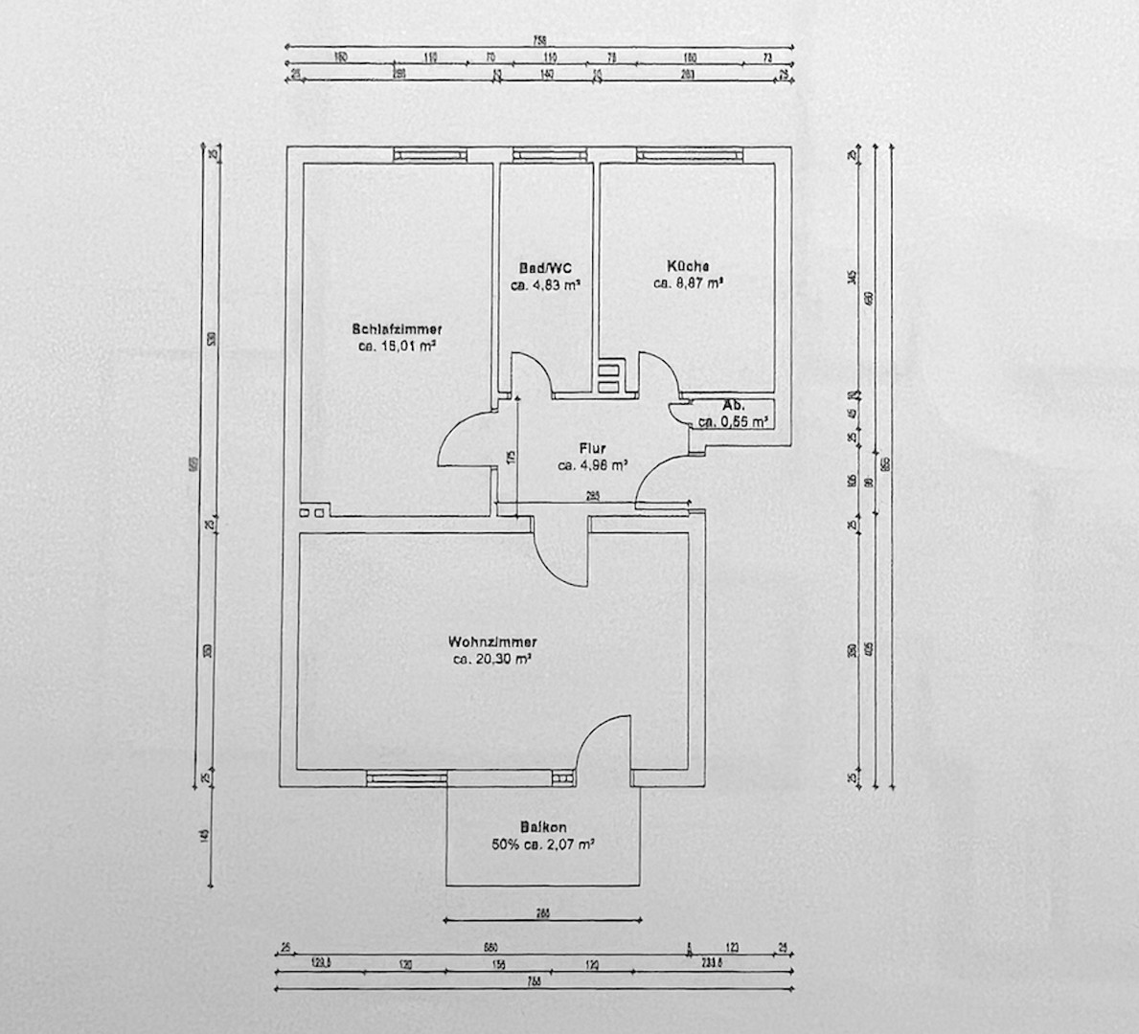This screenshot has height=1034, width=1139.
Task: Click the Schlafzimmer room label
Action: [397, 328]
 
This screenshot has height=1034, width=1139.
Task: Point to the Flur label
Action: [592, 448]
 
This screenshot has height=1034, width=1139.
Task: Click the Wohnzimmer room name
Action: [491, 641]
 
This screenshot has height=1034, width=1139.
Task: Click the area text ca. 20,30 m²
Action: [492, 659]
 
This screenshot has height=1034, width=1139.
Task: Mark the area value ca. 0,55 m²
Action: [735, 421]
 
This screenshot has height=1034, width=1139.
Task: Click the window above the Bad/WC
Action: [547, 153]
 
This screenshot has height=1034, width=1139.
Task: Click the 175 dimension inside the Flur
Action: [513, 458]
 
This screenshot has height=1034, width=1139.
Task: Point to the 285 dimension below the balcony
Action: [542, 913]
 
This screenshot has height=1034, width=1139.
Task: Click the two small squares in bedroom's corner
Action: [311, 513]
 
